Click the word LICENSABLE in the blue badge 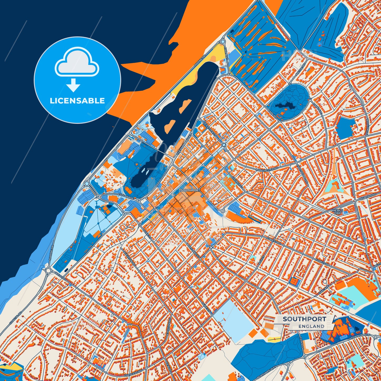point(77,101)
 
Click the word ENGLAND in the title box point(311,326)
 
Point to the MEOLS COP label point(338,212)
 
